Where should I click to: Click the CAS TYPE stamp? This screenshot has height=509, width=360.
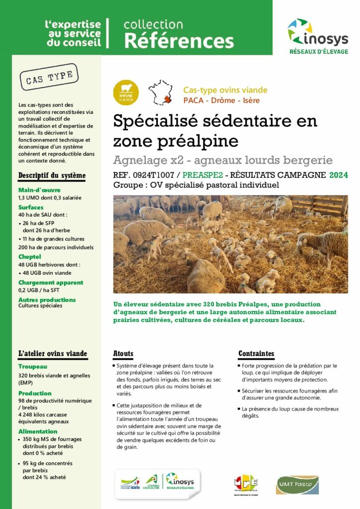[49, 77]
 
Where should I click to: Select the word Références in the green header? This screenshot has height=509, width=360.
[179, 40]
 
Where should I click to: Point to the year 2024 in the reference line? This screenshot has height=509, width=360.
[338, 175]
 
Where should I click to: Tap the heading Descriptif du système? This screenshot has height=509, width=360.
[52, 175]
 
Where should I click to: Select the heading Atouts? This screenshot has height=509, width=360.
[123, 353]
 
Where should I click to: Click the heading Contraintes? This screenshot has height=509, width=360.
[256, 353]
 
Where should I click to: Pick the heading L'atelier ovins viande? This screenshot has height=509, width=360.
[53, 353]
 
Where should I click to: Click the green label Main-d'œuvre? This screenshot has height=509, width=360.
[39, 189]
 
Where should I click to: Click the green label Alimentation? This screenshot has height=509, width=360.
[38, 431]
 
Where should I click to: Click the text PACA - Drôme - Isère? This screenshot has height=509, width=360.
[221, 100]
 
